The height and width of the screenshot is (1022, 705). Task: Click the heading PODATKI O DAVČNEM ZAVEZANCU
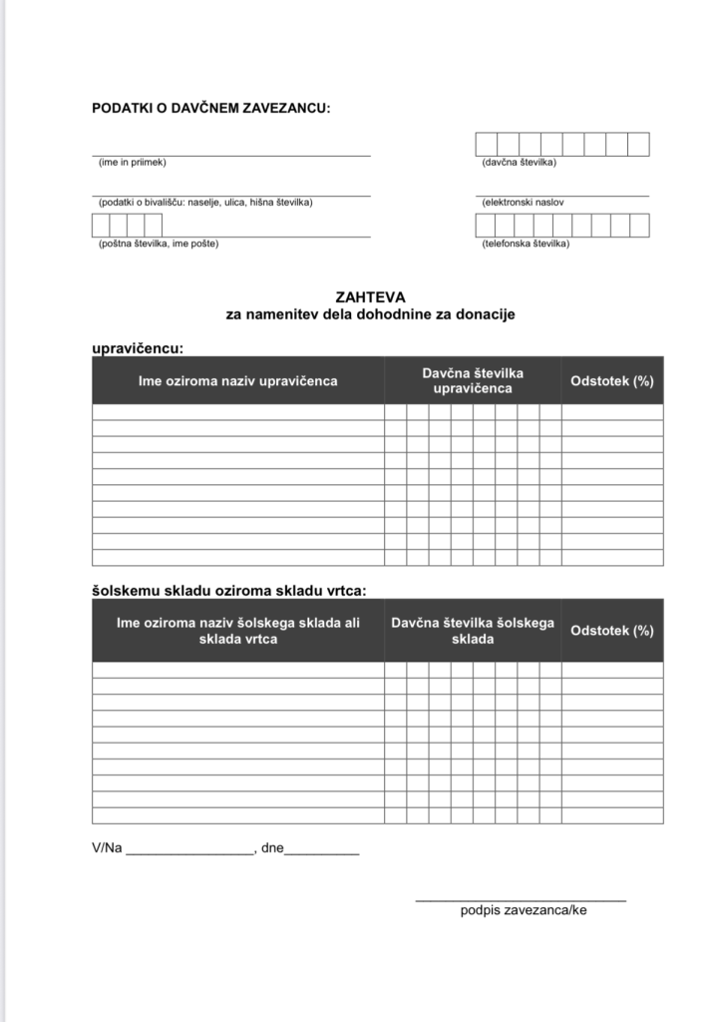[210, 108]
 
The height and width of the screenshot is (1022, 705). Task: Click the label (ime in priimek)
[132, 162]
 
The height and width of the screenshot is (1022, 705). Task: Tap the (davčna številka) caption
[519, 162]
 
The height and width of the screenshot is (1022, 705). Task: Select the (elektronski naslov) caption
[523, 203]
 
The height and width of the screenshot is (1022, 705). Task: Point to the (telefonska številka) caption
[526, 244]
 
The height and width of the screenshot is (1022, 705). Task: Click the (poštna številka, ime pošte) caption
[159, 244]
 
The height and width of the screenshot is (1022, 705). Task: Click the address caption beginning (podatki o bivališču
[205, 203]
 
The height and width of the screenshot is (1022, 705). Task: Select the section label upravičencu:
[139, 348]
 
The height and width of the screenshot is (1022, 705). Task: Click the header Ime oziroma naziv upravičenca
[237, 381]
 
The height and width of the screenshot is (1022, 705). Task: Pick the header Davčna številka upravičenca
[473, 380]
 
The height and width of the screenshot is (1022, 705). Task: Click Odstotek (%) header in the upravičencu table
[611, 381]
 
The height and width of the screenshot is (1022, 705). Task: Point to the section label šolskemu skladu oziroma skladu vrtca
[228, 591]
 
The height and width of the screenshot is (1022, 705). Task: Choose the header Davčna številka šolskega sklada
[473, 631]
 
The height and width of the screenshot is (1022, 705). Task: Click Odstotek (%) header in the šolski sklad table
[611, 631]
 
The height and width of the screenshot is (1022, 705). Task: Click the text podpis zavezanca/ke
[524, 910]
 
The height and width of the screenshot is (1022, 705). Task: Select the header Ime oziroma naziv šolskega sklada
[237, 631]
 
